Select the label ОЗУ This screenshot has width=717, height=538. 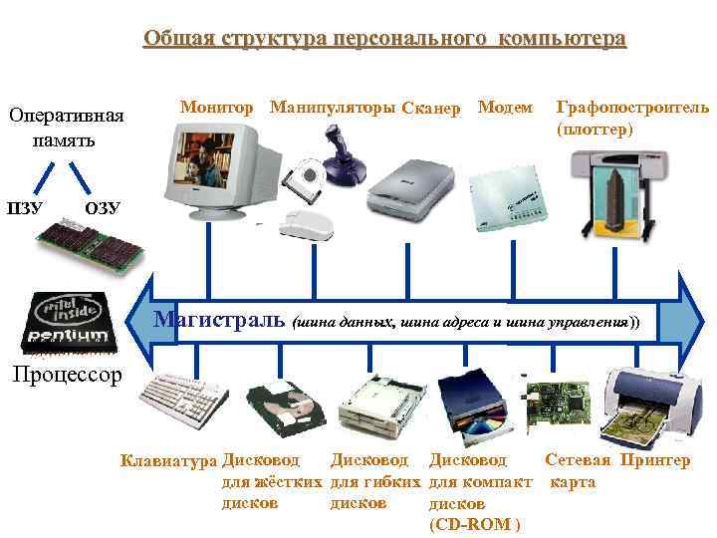coord(103,208)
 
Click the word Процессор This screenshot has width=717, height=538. coord(66,375)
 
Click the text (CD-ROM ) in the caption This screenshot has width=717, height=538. coord(472,524)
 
